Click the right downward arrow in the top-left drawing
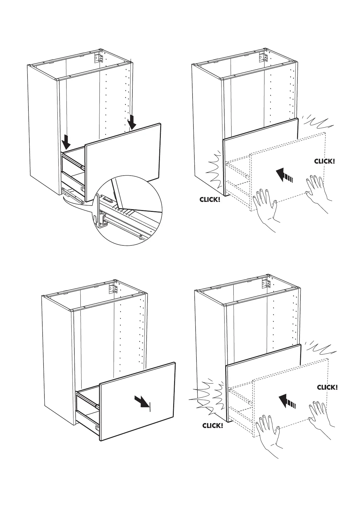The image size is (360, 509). [132, 122]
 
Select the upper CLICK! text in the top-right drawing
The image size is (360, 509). [324, 161]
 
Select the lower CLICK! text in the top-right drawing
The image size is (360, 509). [210, 199]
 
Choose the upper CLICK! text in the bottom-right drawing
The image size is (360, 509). [327, 387]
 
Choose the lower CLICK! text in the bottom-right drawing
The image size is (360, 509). [213, 426]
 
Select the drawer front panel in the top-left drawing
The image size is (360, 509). [122, 162]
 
